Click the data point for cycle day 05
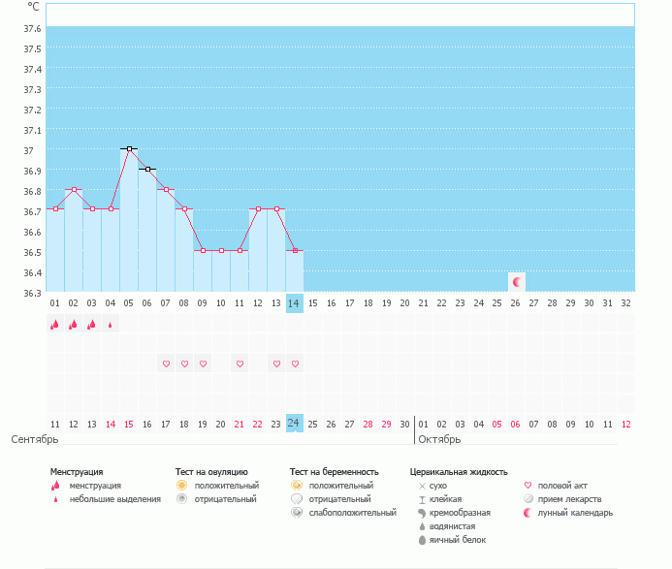coord(129,148)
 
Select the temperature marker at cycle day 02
coord(74,189)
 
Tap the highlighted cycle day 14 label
coord(295,303)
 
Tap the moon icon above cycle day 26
coord(517,282)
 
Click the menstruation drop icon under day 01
coord(55,325)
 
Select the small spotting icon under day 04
coord(111,326)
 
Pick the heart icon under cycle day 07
coord(166,364)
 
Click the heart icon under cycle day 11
coord(240,364)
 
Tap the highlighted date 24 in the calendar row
coord(295,424)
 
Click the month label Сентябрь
coord(35,439)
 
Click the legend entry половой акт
coord(561,485)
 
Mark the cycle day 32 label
coord(626,303)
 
